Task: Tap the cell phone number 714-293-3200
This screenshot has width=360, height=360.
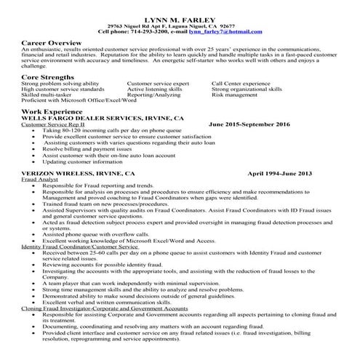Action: [x=150, y=32]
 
